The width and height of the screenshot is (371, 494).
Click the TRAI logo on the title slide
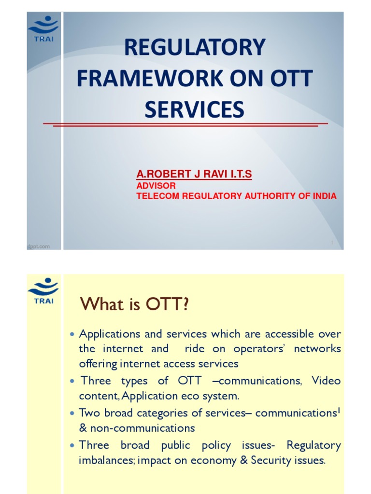(x=43, y=28)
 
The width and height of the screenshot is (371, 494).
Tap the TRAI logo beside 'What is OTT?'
(x=43, y=290)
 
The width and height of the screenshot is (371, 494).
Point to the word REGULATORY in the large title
(x=195, y=48)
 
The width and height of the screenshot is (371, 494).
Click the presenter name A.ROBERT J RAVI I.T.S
(x=194, y=174)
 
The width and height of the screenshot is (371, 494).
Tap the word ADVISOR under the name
(x=156, y=186)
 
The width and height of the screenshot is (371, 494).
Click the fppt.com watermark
(x=39, y=246)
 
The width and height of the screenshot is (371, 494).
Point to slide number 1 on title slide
(x=333, y=243)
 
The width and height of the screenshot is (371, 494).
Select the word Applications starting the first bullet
(x=109, y=334)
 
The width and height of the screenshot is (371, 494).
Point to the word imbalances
(x=106, y=460)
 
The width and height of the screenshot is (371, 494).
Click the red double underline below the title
(x=185, y=124)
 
